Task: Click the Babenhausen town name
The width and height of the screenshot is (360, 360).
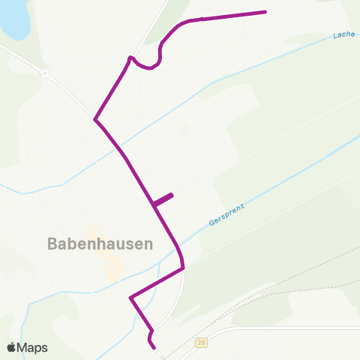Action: [x=100, y=244]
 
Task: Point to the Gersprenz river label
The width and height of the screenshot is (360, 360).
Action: [x=226, y=213]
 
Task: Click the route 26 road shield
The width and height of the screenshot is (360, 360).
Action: [x=201, y=343]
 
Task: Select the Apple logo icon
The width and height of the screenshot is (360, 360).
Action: [x=12, y=347]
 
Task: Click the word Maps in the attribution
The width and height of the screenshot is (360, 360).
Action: [x=33, y=347]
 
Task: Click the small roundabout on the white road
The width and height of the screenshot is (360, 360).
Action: [x=45, y=73]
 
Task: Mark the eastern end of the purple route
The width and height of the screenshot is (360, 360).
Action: [x=265, y=12]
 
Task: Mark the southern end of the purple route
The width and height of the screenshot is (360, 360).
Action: [x=154, y=347]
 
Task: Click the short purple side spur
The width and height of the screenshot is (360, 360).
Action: [x=163, y=199]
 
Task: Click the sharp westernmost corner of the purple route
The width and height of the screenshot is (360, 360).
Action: [x=95, y=119]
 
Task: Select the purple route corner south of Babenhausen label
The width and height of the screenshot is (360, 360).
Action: [x=131, y=298]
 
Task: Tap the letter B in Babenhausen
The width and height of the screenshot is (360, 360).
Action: [x=52, y=244]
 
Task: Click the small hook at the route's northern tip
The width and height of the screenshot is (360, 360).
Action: [x=130, y=57]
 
